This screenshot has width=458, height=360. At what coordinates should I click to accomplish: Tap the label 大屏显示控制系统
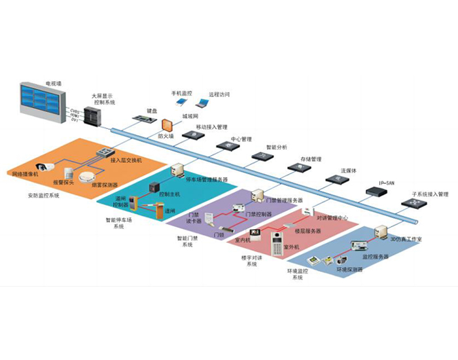click(x=104, y=99)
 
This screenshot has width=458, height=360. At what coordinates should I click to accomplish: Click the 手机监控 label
click(x=181, y=94)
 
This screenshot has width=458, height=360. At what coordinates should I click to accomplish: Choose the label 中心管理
click(x=241, y=139)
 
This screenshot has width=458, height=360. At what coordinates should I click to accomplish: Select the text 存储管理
click(x=311, y=159)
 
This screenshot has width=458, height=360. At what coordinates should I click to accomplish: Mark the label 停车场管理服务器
click(x=207, y=179)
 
